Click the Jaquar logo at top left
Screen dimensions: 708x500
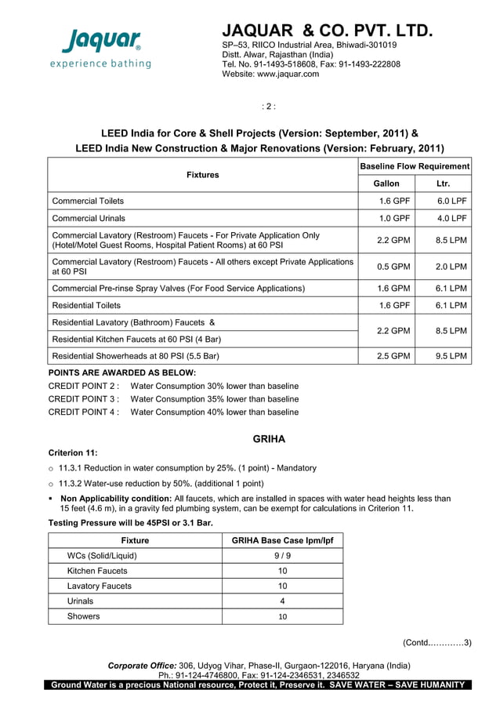(103, 47)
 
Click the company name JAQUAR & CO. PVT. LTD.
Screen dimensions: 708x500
(327, 31)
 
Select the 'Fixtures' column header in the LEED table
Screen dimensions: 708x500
(202, 175)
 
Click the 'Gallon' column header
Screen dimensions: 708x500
(386, 183)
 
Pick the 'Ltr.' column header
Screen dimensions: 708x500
(443, 183)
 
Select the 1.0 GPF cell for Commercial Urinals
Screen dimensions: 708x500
(395, 218)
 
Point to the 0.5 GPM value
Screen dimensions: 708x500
(394, 267)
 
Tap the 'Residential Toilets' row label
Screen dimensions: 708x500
(86, 305)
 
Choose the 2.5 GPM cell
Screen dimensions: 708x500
(394, 356)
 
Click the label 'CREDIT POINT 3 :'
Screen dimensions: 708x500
(84, 399)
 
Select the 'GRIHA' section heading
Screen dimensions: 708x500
(269, 438)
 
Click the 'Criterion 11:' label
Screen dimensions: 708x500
(73, 452)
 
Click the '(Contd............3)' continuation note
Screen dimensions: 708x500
(437, 643)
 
